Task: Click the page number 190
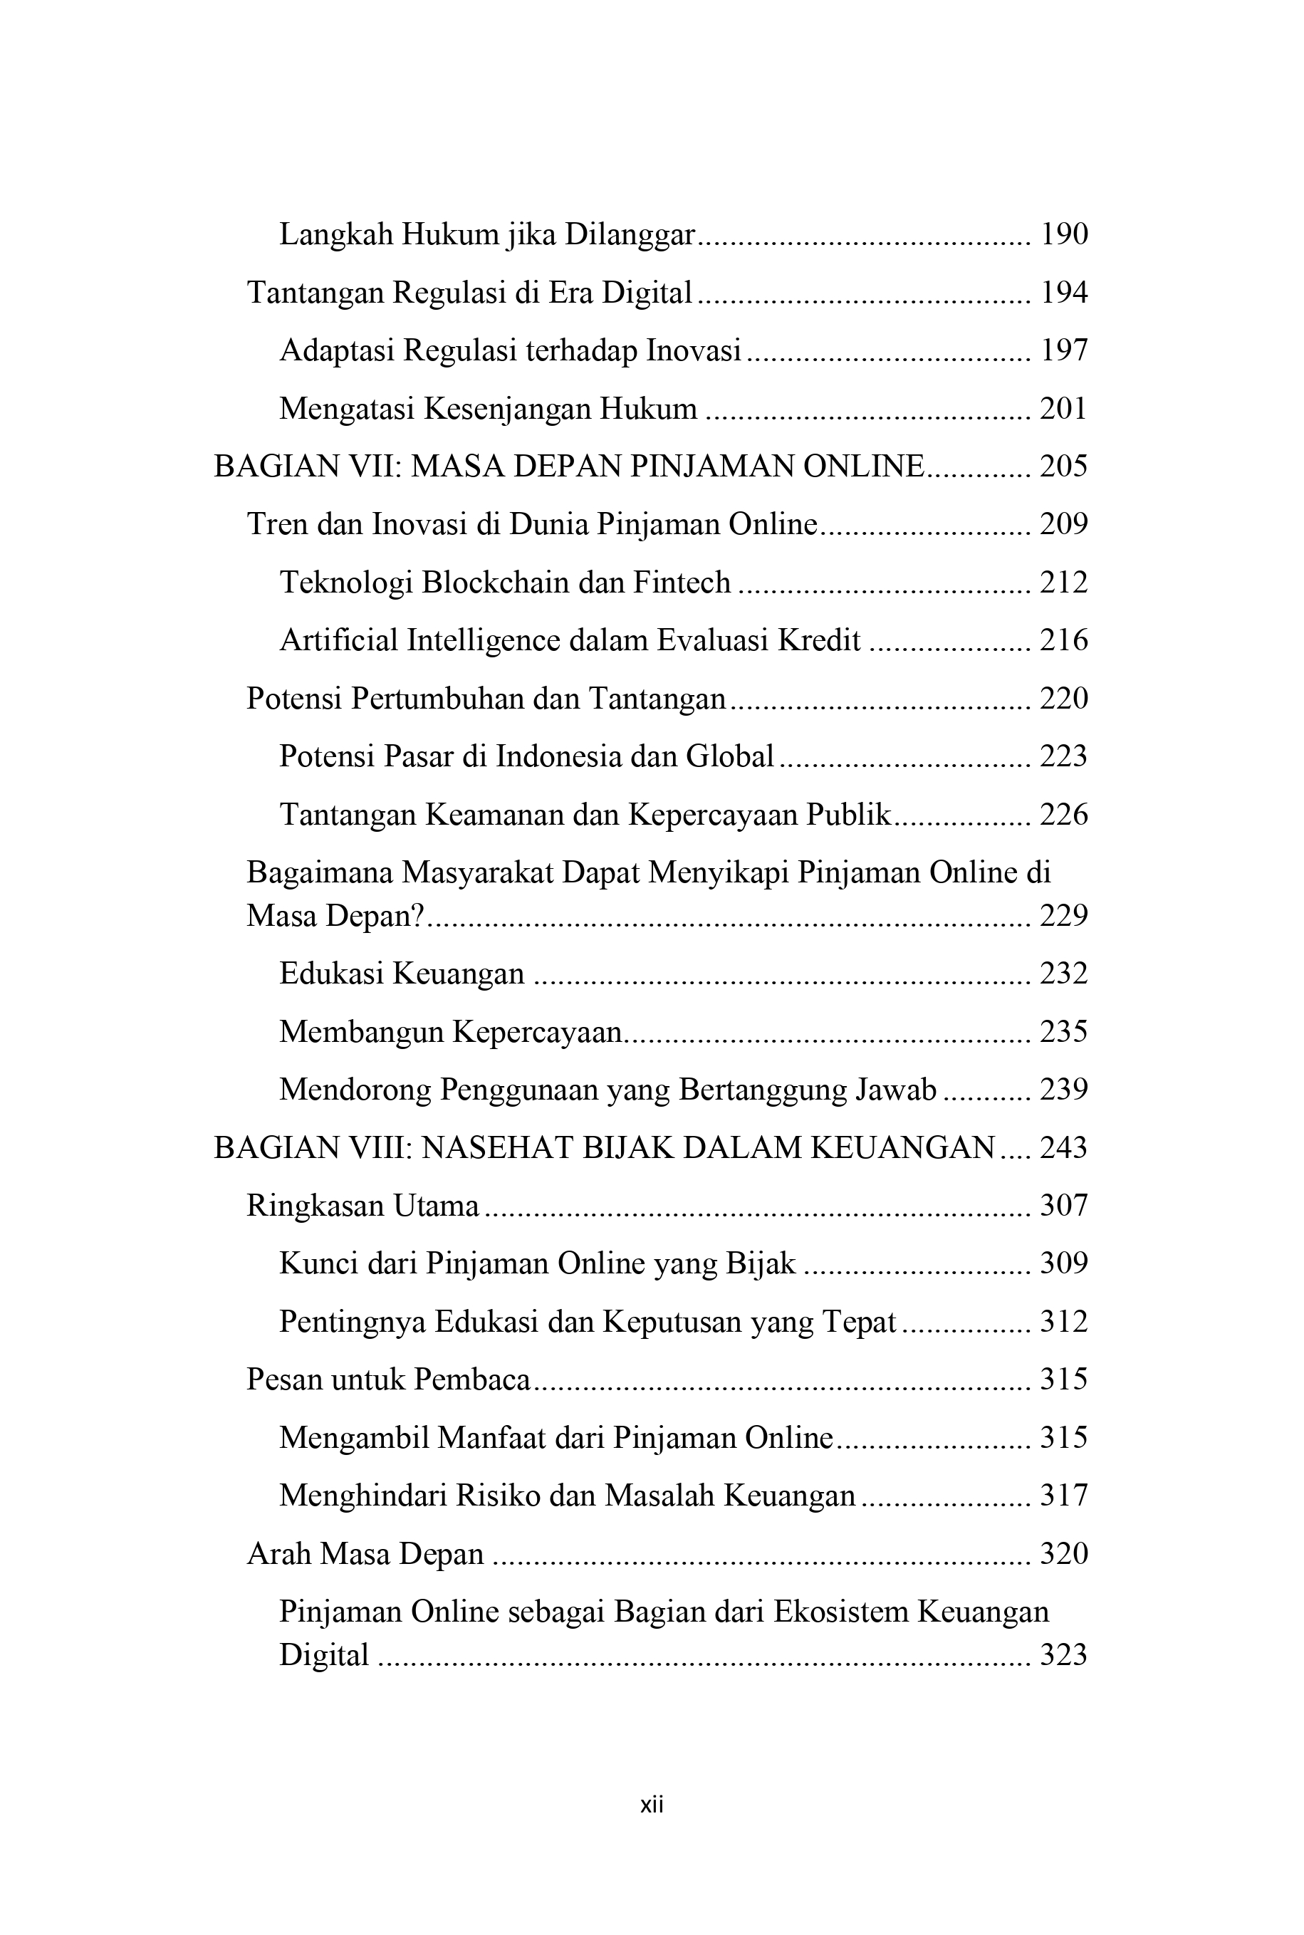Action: point(1064,234)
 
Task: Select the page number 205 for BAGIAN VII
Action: point(1064,466)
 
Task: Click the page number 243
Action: point(1064,1147)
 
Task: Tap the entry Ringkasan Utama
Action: point(362,1206)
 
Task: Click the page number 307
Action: point(1064,1206)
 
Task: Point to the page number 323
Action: point(1064,1655)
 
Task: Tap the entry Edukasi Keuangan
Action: point(402,973)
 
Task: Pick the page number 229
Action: point(1064,916)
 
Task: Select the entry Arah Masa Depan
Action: point(365,1553)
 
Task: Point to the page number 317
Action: point(1064,1495)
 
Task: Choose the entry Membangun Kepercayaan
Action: point(450,1031)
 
